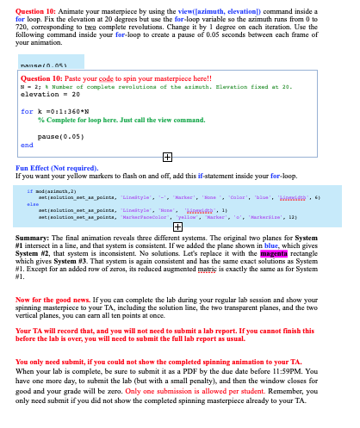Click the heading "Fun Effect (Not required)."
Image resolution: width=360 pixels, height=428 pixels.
coord(57,170)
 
